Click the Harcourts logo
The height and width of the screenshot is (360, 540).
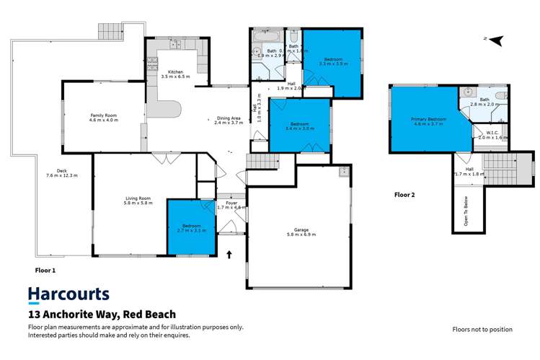(68, 294)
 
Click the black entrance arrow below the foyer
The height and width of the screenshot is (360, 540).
(230, 254)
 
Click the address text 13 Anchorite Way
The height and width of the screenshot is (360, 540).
(102, 315)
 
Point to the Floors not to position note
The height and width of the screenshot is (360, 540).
(482, 329)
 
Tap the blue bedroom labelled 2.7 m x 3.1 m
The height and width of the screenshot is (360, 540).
(191, 227)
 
